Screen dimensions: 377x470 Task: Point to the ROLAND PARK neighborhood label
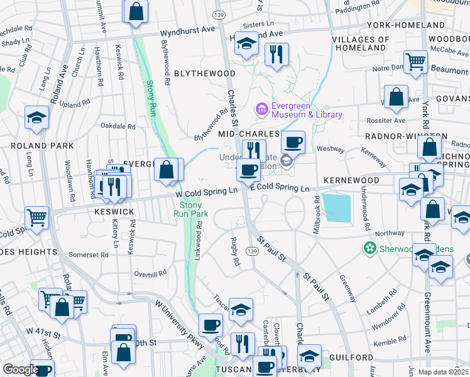(x=42, y=146)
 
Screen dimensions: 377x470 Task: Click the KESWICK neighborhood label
(x=115, y=212)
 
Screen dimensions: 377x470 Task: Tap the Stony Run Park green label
(x=191, y=209)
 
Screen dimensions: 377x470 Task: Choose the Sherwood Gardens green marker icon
(x=371, y=248)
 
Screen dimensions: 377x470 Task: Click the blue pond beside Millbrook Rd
(x=337, y=207)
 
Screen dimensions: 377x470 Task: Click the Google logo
(x=20, y=369)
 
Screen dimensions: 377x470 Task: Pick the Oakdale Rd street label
(x=118, y=126)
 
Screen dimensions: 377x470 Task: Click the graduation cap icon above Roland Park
(x=36, y=117)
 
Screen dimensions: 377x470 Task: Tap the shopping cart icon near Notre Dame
(x=415, y=62)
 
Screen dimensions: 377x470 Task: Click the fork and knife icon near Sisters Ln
(x=276, y=55)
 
